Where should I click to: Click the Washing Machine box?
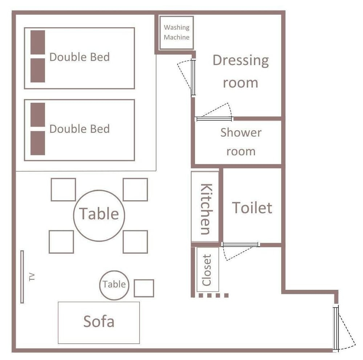pyautogui.click(x=176, y=33)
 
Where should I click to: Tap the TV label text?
pyautogui.click(x=32, y=277)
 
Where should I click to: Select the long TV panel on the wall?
pyautogui.click(x=22, y=277)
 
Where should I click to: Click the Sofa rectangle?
pyautogui.click(x=99, y=323)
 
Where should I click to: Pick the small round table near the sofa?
pyautogui.click(x=114, y=285)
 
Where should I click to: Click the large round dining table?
pyautogui.click(x=99, y=216)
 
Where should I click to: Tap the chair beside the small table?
pyautogui.click(x=144, y=288)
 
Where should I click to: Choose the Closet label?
pyautogui.click(x=207, y=270)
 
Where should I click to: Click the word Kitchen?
pyautogui.click(x=206, y=209)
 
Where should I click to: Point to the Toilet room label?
pyautogui.click(x=252, y=208)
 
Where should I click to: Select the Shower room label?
pyautogui.click(x=241, y=142)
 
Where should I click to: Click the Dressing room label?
pyautogui.click(x=241, y=71)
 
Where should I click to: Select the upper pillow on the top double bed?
pyautogui.click(x=38, y=42)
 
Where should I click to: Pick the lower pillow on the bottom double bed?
pyautogui.click(x=38, y=143)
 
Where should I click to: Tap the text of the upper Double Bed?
pyautogui.click(x=79, y=57)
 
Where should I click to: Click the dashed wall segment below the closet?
pyautogui.click(x=214, y=295)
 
